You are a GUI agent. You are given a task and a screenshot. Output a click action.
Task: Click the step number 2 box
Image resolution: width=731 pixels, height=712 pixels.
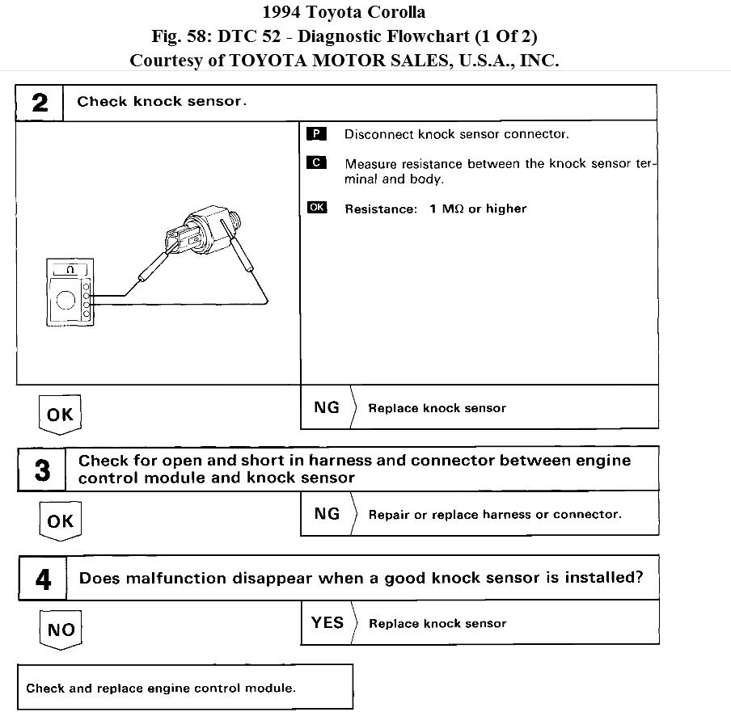pos(40,103)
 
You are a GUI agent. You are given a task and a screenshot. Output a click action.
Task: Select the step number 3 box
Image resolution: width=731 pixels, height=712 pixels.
pos(42,470)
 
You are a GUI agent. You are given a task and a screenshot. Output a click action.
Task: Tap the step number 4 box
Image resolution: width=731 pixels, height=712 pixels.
pos(44,579)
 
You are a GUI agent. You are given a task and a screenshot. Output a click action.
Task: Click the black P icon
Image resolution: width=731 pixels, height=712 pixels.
pos(316,133)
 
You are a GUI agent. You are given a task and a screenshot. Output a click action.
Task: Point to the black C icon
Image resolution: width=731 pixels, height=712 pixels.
pos(316,162)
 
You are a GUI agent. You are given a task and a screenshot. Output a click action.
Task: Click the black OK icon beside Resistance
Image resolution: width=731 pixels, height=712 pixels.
pos(317,208)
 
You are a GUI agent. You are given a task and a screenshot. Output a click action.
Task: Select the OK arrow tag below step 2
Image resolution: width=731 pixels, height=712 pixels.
pos(60,415)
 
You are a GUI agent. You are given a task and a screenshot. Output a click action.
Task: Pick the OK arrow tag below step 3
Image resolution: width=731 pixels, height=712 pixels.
pos(60,521)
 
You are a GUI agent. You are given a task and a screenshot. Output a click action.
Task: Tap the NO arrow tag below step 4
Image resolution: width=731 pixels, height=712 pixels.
pos(61,630)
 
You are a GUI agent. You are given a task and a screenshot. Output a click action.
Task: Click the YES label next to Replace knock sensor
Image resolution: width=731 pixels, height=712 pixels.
pos(327,622)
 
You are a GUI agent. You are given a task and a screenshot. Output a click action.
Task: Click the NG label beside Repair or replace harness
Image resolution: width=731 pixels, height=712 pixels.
pos(327,513)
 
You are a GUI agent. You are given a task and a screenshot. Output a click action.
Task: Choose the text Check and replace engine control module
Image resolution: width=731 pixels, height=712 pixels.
pos(161,689)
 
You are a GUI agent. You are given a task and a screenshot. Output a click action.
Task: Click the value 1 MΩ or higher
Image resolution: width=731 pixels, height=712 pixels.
pos(477,209)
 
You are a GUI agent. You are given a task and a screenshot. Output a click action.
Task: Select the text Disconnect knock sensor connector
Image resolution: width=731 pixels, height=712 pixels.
pos(456,134)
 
